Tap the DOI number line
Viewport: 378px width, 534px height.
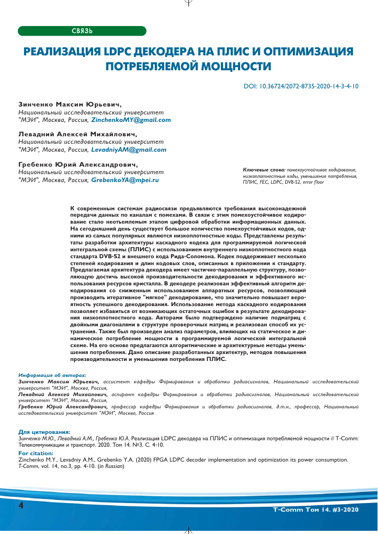point(301,85)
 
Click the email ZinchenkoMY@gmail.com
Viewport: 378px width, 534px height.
point(131,120)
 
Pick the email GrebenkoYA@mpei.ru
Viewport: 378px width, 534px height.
point(125,180)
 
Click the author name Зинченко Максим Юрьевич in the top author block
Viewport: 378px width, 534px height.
point(70,105)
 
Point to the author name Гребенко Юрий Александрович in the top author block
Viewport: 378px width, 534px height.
point(78,165)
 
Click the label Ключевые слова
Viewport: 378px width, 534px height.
point(262,169)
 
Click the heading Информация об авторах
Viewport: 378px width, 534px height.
point(52,376)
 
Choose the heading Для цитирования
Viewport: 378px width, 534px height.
point(44,432)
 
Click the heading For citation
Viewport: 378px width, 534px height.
point(36,453)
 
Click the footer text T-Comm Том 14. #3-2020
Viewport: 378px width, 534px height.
point(316,510)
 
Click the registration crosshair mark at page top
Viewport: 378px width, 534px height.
point(188,3)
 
